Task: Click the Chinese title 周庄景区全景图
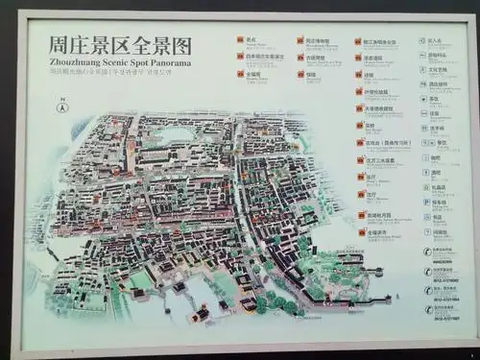pos(121,46)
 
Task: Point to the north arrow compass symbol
pos(60,108)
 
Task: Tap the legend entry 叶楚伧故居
pos(377,92)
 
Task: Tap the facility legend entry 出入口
pos(434,41)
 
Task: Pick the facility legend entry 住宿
pos(434,113)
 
